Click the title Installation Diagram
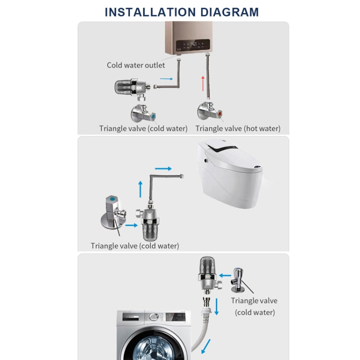[x=181, y=12]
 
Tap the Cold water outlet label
[x=136, y=65]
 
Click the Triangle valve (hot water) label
[x=238, y=129]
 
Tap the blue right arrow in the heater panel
[x=166, y=78]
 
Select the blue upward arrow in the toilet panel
[x=141, y=189]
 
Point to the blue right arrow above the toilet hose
[x=164, y=169]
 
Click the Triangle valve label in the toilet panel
[x=135, y=246]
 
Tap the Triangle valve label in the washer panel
[x=254, y=306]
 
